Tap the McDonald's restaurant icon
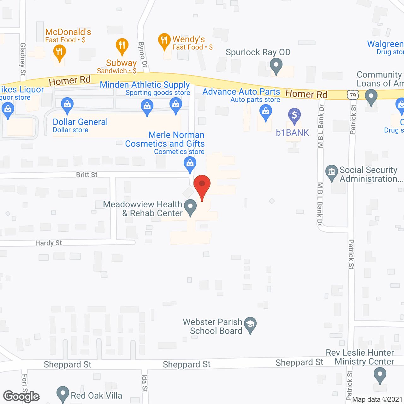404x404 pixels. tap(59, 52)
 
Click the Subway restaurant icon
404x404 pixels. tap(122, 46)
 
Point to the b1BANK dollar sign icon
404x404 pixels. tap(294, 115)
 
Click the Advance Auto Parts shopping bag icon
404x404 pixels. tap(265, 112)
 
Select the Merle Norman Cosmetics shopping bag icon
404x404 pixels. tap(190, 164)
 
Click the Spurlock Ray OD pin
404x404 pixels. tap(276, 66)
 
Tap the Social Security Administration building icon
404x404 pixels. tap(331, 172)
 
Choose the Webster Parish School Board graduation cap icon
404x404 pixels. tap(250, 324)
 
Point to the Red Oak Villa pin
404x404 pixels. tap(62, 394)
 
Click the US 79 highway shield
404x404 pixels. tap(353, 95)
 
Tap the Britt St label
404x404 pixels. tap(87, 175)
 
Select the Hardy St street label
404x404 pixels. tap(49, 243)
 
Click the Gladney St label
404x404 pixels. tap(23, 59)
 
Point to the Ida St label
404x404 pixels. tap(145, 383)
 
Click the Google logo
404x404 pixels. tap(21, 396)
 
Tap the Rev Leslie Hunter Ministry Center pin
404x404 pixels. tap(380, 376)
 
